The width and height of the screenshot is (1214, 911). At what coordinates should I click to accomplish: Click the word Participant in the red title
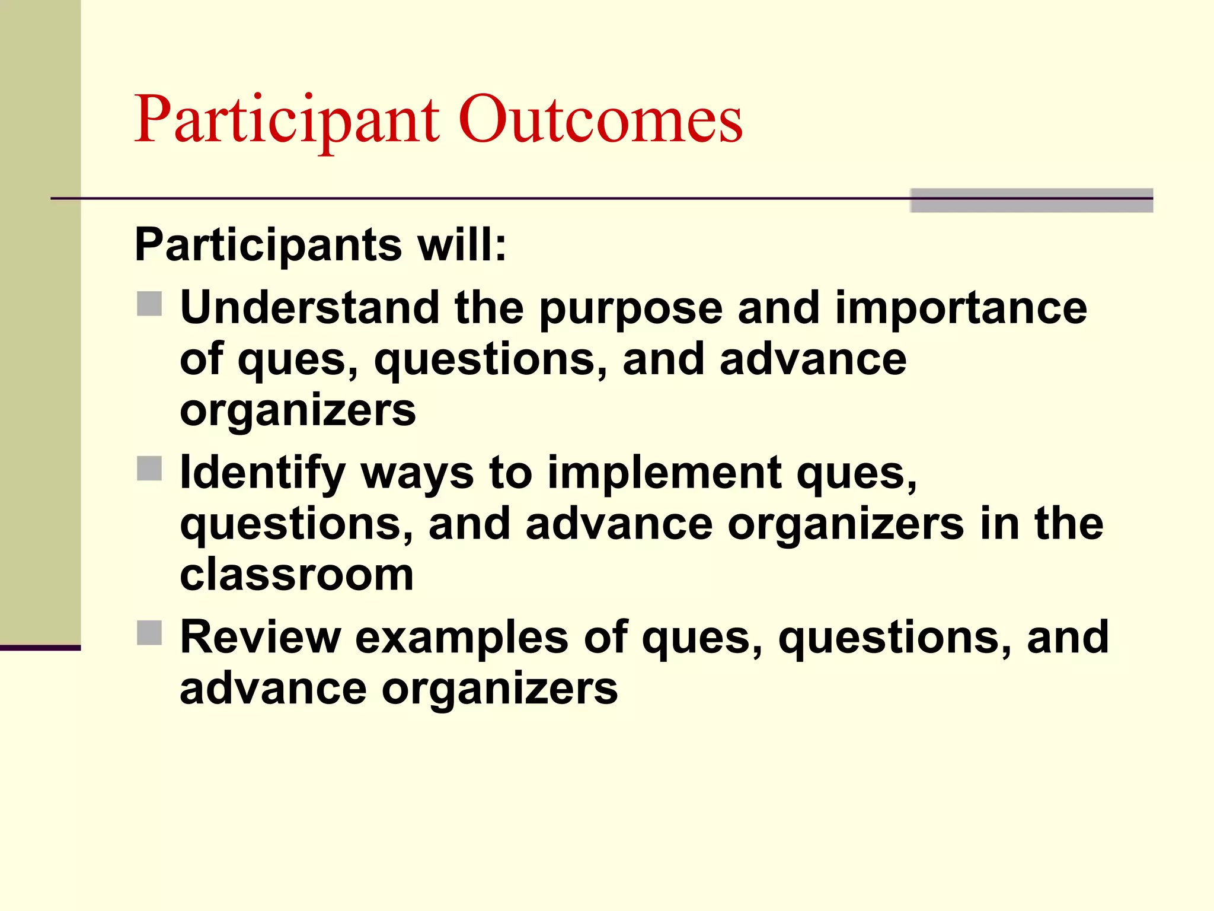pyautogui.click(x=287, y=122)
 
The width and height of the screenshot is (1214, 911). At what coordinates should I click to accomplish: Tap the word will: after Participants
pyautogui.click(x=462, y=245)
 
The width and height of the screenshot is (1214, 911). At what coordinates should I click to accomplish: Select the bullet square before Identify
pyautogui.click(x=149, y=469)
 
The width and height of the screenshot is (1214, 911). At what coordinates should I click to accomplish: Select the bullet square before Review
pyautogui.click(x=149, y=633)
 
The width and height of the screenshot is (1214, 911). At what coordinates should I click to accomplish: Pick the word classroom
pyautogui.click(x=296, y=575)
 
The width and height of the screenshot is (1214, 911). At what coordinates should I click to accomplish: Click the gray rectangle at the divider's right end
pyautogui.click(x=1031, y=200)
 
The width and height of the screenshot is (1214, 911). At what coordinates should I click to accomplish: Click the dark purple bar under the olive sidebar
pyautogui.click(x=40, y=648)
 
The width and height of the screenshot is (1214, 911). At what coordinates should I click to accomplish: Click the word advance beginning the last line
pyautogui.click(x=273, y=689)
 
